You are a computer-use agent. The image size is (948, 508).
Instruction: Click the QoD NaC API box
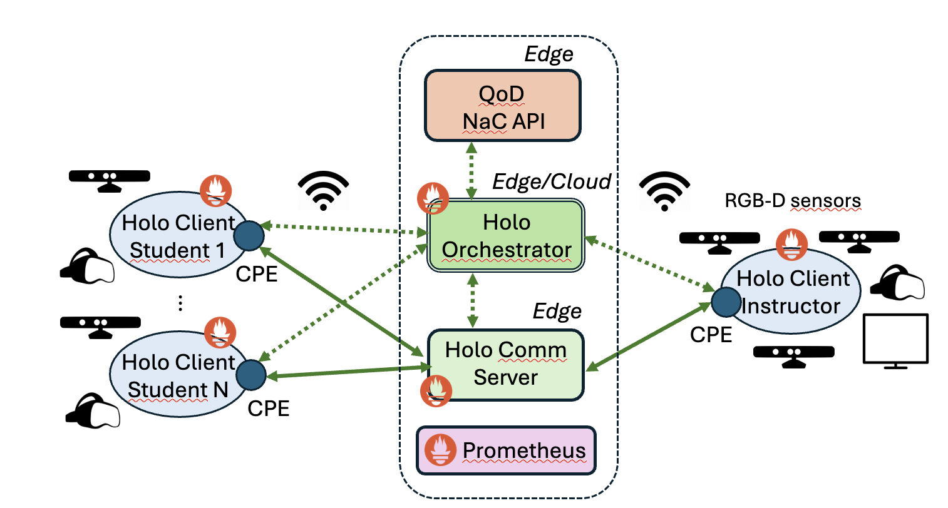(503, 106)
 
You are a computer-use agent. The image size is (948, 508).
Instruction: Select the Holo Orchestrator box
(505, 236)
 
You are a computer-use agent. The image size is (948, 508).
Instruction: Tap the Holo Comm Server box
(505, 365)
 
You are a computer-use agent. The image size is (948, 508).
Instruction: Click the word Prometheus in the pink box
(523, 450)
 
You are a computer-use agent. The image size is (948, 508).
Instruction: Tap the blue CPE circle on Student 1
(249, 236)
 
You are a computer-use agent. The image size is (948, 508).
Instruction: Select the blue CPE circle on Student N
(251, 375)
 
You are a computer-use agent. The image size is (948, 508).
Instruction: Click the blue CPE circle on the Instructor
(726, 302)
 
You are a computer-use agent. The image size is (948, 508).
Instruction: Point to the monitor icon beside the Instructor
(895, 340)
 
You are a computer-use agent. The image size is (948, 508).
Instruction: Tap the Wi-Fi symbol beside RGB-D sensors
(664, 191)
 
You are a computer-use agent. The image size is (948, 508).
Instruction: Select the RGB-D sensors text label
(793, 201)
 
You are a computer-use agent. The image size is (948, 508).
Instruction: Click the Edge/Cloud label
(551, 181)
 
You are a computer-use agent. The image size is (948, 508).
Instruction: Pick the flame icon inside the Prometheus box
(440, 450)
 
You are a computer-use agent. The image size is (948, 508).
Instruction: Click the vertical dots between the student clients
(180, 303)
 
